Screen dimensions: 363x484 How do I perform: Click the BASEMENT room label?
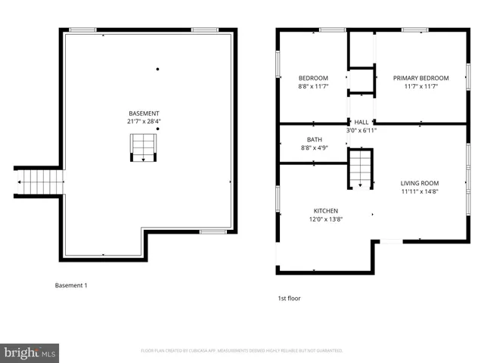(144, 113)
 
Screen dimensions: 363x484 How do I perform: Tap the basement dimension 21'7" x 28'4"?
(144, 121)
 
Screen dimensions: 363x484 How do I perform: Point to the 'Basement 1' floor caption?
(71, 285)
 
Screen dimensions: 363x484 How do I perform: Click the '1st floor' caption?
(289, 298)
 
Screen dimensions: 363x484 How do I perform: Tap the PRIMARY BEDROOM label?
(420, 78)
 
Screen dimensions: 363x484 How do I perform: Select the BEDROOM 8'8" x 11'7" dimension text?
(313, 86)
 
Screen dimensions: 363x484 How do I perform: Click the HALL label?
(361, 122)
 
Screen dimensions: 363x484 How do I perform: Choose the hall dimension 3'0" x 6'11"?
(361, 130)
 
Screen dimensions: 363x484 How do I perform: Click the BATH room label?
(314, 140)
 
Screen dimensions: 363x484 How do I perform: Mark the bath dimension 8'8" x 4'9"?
(314, 148)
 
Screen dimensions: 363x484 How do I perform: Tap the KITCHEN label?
(326, 211)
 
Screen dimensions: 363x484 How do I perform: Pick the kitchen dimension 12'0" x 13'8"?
(326, 219)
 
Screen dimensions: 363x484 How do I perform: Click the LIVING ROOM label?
(420, 183)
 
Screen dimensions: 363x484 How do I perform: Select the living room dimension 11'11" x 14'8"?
(420, 191)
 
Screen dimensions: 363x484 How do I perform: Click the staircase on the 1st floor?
(361, 168)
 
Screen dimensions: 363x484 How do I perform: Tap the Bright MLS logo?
(30, 352)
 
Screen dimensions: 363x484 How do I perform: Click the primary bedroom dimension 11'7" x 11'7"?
(420, 86)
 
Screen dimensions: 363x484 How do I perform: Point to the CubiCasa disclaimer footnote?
(242, 351)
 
